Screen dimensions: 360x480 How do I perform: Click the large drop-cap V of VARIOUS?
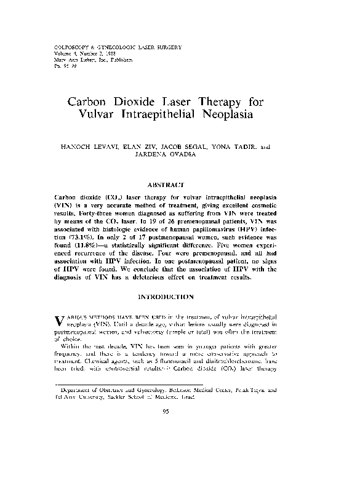point(58,320)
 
